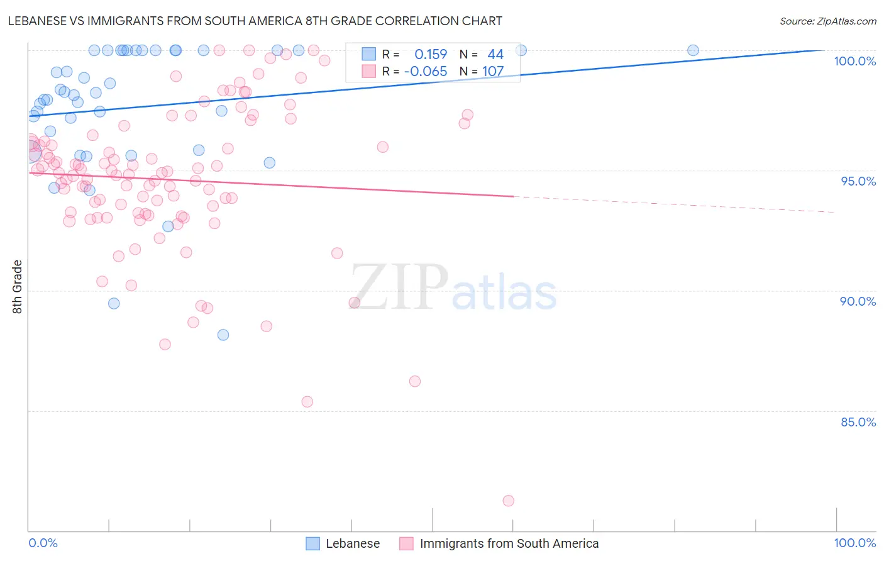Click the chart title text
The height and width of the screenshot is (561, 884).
[255, 21]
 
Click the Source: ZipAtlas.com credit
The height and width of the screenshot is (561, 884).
[827, 21]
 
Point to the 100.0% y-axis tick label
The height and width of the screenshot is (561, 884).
[854, 61]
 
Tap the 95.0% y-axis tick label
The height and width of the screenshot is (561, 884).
[858, 181]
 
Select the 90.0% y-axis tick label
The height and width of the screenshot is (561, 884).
[858, 301]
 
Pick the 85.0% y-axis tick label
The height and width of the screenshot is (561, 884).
[858, 422]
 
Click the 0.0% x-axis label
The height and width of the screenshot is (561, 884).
[43, 543]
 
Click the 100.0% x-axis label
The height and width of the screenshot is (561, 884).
[854, 543]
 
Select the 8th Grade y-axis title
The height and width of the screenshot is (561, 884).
[18, 287]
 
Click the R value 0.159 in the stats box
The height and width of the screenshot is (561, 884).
[431, 55]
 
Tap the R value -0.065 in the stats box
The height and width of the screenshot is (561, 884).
[426, 72]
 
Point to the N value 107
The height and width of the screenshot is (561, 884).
[493, 72]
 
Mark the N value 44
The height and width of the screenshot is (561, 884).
[495, 55]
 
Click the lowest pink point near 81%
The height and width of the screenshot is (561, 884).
[509, 501]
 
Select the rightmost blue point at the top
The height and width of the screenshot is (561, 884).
[693, 50]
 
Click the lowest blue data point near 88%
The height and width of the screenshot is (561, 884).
[223, 335]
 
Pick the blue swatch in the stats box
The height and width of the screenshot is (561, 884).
[368, 55]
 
